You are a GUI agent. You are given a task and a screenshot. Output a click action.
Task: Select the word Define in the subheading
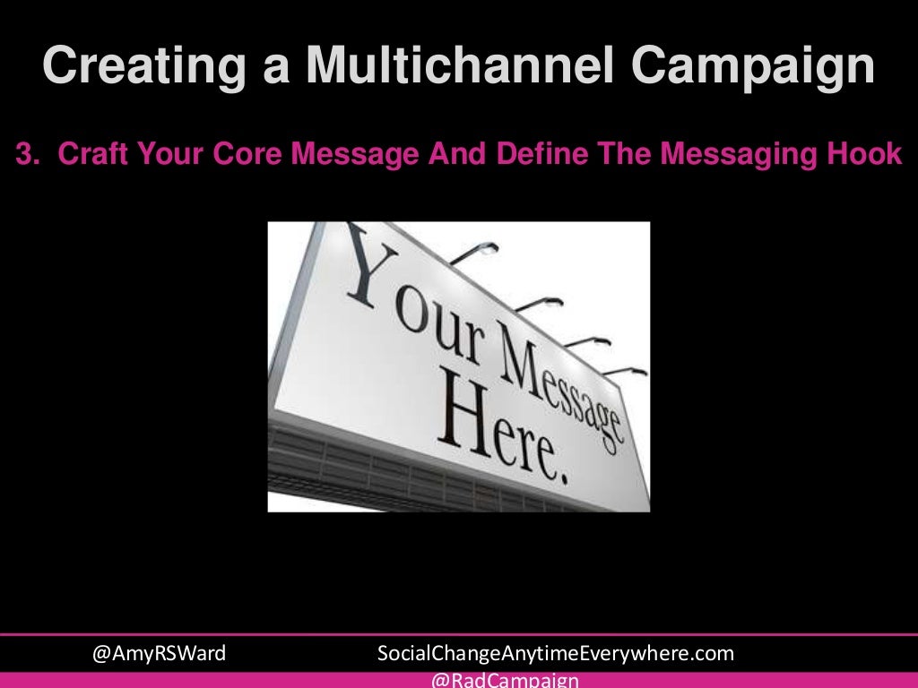(535, 155)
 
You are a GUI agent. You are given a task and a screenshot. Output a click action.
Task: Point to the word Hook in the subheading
(868, 155)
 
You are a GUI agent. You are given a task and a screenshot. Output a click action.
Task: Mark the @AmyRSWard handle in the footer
(160, 654)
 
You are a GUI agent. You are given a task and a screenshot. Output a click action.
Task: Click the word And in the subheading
(449, 155)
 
